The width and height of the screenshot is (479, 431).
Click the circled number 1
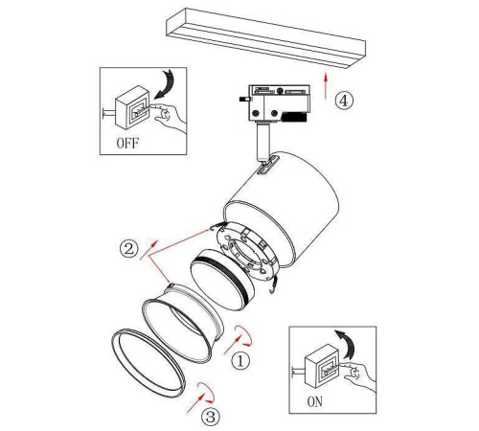pyautogui.click(x=240, y=361)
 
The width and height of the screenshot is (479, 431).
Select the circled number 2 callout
pyautogui.click(x=128, y=248)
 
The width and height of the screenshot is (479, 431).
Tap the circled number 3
pyautogui.click(x=211, y=417)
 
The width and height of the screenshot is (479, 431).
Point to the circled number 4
pyautogui.click(x=344, y=101)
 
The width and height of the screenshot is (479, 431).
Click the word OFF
pyautogui.click(x=127, y=144)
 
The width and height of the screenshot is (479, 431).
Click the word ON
pyautogui.click(x=315, y=401)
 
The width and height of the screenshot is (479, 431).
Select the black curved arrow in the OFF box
pyautogui.click(x=166, y=83)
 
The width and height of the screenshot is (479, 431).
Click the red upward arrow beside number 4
pyautogui.click(x=326, y=85)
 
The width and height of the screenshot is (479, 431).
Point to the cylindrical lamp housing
pyautogui.click(x=281, y=208)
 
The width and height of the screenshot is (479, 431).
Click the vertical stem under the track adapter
pyautogui.click(x=262, y=141)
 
